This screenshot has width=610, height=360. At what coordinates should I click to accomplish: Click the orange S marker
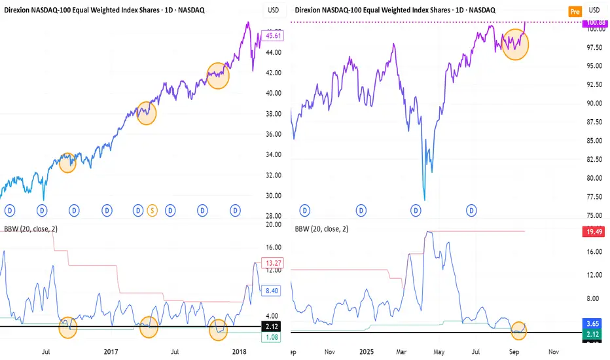tap(153, 210)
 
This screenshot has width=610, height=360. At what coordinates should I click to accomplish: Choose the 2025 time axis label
tap(364, 351)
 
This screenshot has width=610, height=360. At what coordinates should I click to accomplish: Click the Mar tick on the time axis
tap(401, 351)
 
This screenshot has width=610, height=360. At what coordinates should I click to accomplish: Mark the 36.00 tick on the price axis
tap(274, 134)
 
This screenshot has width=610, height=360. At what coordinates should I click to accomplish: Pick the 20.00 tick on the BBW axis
tap(274, 225)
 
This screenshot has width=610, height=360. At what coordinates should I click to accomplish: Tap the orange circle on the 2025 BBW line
tap(519, 330)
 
